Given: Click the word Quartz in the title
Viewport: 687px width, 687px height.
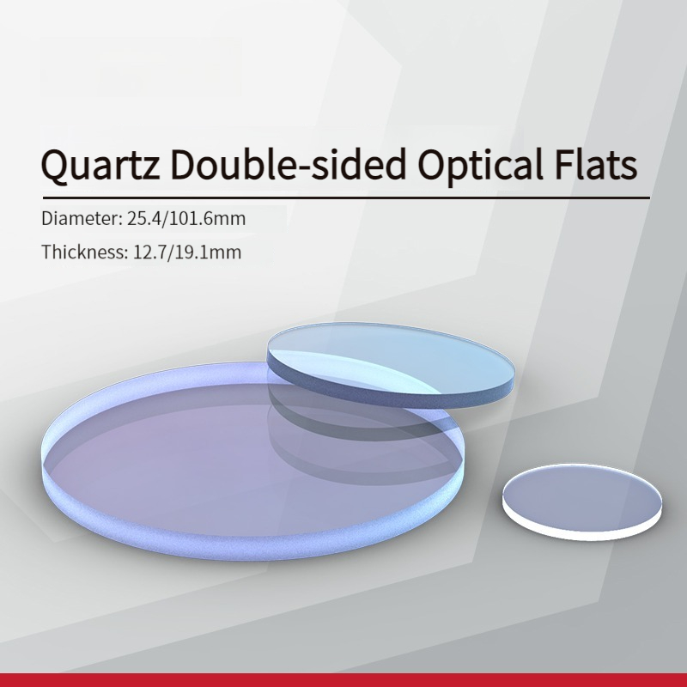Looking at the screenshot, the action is click(x=100, y=165).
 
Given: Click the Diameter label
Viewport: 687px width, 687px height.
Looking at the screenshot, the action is click(x=82, y=218).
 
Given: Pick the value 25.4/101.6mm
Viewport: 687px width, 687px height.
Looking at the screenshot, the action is click(x=186, y=219).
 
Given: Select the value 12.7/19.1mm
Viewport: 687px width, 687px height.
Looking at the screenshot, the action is click(x=186, y=252).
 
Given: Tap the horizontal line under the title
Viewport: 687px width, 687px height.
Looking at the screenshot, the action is click(x=346, y=198).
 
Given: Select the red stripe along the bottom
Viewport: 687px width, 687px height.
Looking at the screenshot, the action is click(x=343, y=679).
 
